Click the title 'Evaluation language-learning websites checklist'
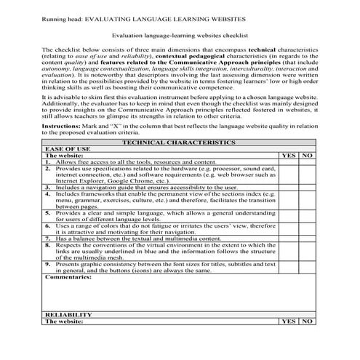point(180,34)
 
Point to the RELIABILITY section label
point(69,314)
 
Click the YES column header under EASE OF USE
point(288,156)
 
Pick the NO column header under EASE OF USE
point(306,156)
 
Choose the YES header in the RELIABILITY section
point(288,321)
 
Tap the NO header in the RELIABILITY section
point(306,321)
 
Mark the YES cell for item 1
point(288,161)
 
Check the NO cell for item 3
point(306,187)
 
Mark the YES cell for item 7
point(288,238)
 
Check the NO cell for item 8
point(306,249)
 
